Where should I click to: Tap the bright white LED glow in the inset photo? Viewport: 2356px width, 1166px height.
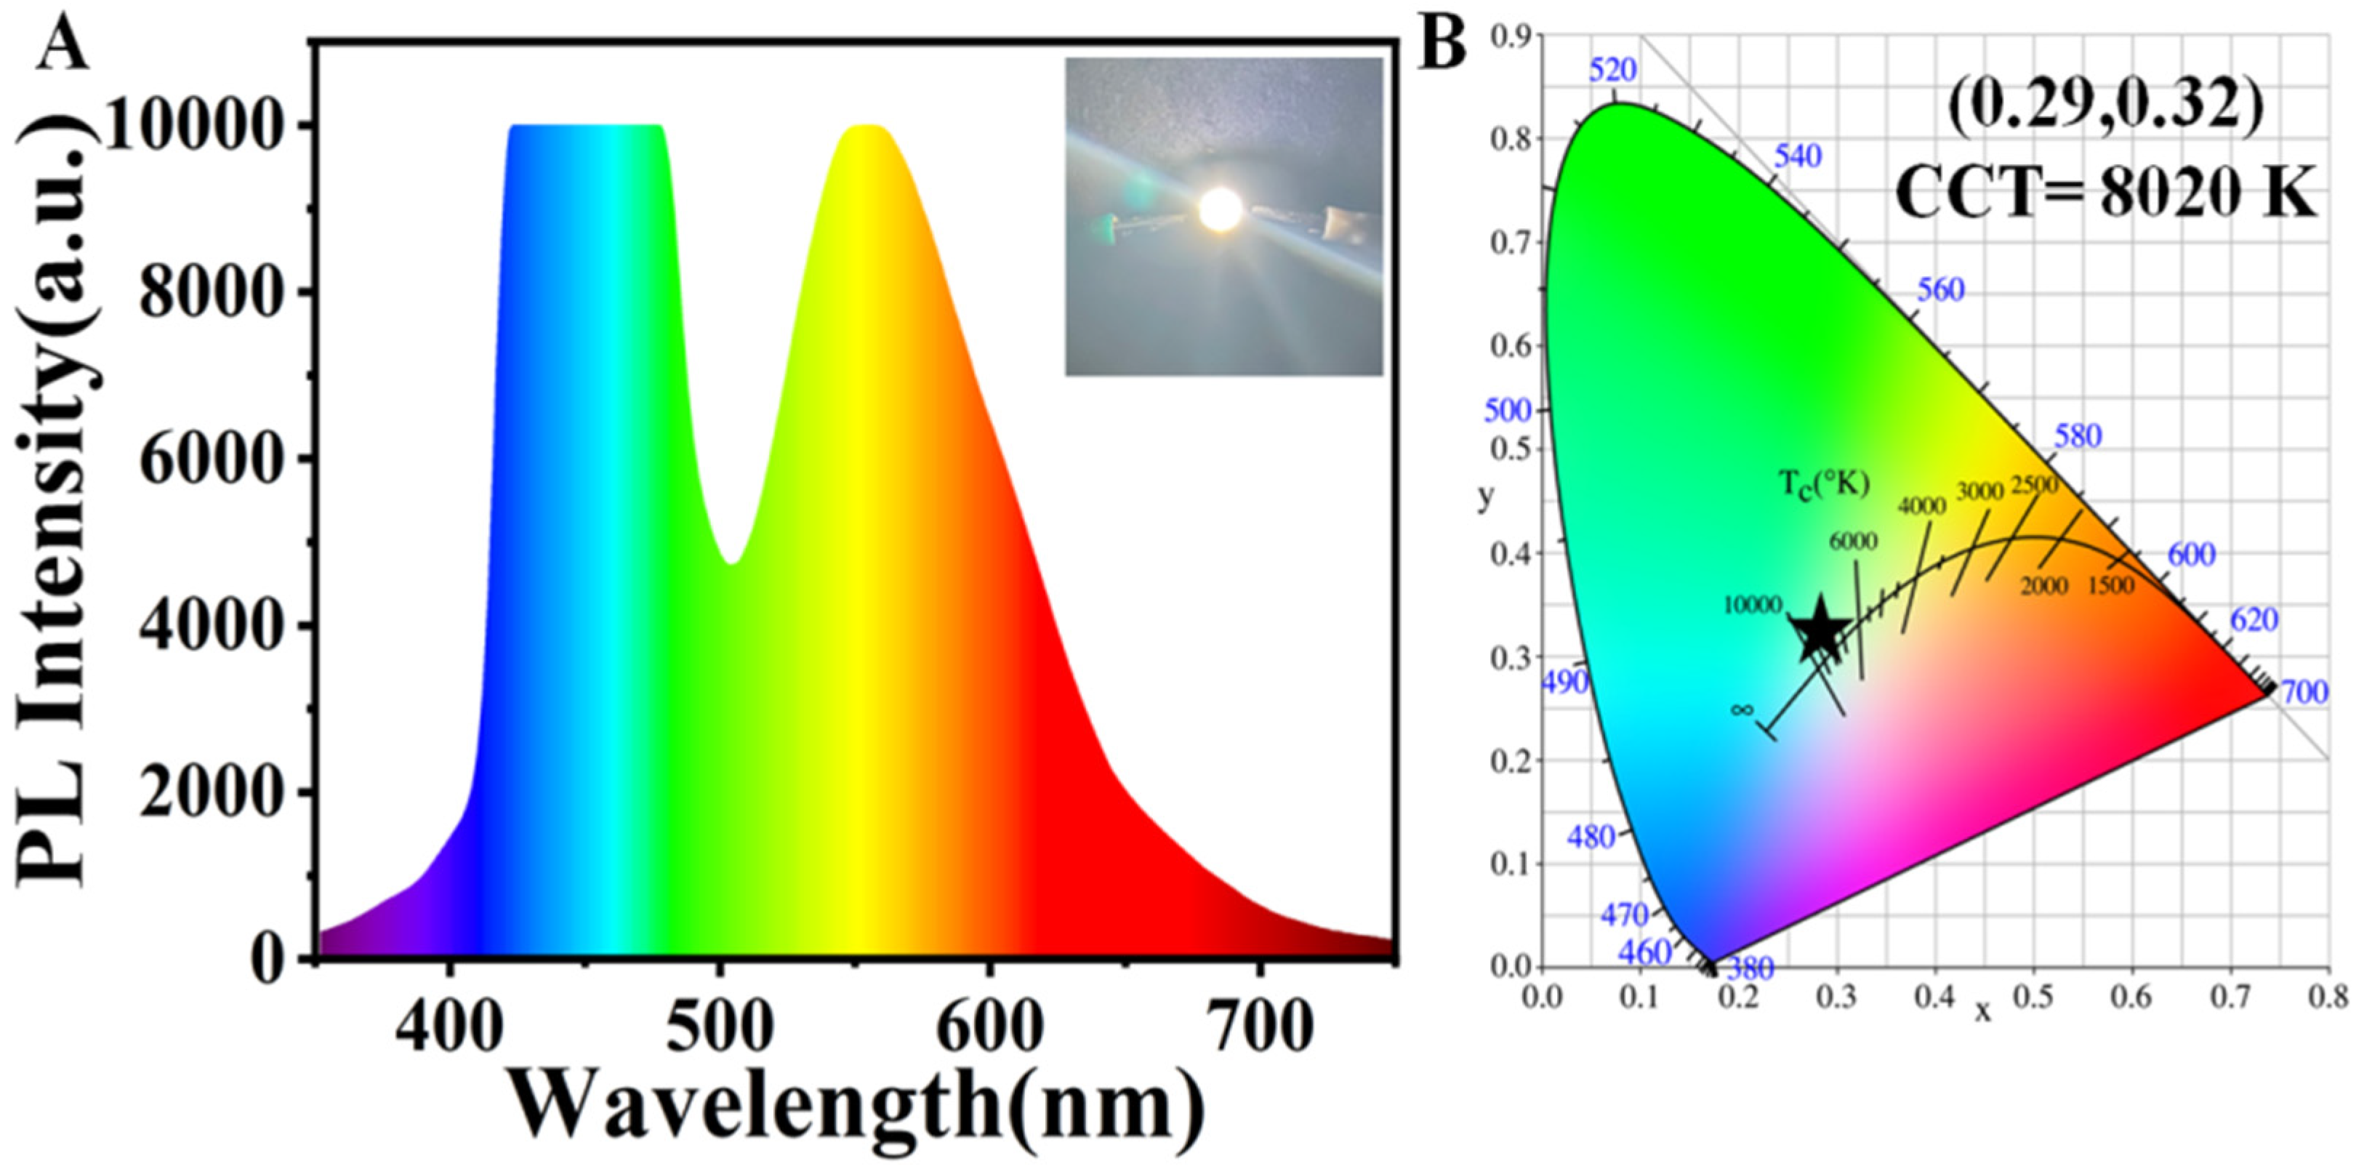1221,210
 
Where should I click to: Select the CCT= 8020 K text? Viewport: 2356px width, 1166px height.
2104,194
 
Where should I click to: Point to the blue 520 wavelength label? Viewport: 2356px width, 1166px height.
1612,70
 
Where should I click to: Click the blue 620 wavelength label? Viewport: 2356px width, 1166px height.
2254,620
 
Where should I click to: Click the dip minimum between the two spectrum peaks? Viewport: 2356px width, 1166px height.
733,561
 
